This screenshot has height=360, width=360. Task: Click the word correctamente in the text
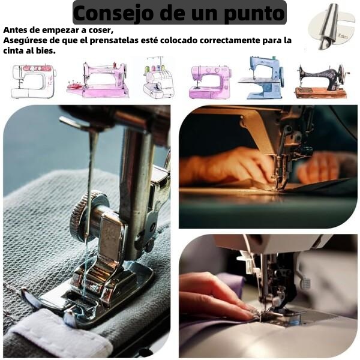pyautogui.click(x=229, y=40)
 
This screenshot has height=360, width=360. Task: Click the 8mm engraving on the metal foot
pyautogui.click(x=343, y=36)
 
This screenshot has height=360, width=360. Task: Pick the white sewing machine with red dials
pyautogui.click(x=34, y=81)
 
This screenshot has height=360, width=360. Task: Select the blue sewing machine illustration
pyautogui.click(x=262, y=77)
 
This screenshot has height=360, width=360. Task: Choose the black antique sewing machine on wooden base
pyautogui.click(x=322, y=81)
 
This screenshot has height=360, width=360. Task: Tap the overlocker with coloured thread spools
pyautogui.click(x=158, y=78)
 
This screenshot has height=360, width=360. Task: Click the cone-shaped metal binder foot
pyautogui.click(x=328, y=26)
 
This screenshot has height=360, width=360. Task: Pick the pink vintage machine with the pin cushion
pyautogui.click(x=98, y=80)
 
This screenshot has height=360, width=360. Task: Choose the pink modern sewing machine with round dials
pyautogui.click(x=211, y=82)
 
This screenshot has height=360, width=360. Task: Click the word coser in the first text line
pyautogui.click(x=100, y=30)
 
